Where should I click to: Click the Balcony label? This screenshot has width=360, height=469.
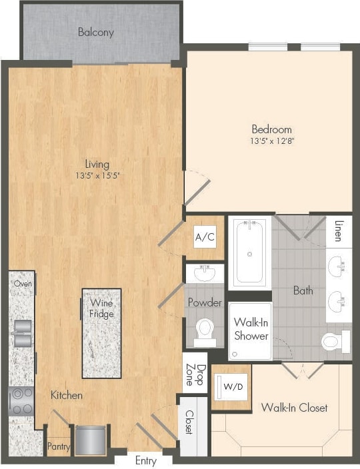(x=95, y=32)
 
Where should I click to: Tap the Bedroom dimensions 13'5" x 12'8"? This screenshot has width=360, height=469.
(x=271, y=141)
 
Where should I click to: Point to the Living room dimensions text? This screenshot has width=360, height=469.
(x=97, y=176)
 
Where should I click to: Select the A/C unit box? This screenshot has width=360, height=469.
(x=205, y=236)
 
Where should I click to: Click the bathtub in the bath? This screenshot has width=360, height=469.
(x=249, y=252)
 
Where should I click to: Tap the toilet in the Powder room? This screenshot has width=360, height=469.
(x=205, y=330)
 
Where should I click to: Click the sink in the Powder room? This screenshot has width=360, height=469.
(x=205, y=272)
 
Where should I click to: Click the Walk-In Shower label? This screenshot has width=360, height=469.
(x=250, y=329)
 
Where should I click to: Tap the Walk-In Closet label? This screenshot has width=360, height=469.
(x=294, y=407)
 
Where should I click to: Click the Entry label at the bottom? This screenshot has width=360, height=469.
(x=146, y=460)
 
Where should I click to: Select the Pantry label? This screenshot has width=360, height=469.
(x=58, y=447)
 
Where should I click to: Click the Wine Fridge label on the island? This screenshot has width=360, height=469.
(x=101, y=308)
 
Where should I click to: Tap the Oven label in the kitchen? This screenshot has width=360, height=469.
(x=23, y=283)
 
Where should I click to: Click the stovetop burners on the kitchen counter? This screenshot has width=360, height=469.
(x=20, y=400)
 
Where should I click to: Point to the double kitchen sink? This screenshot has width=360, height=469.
(x=21, y=333)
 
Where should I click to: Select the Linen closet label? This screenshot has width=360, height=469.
(x=340, y=230)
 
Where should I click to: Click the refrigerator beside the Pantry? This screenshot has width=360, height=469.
(x=89, y=440)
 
